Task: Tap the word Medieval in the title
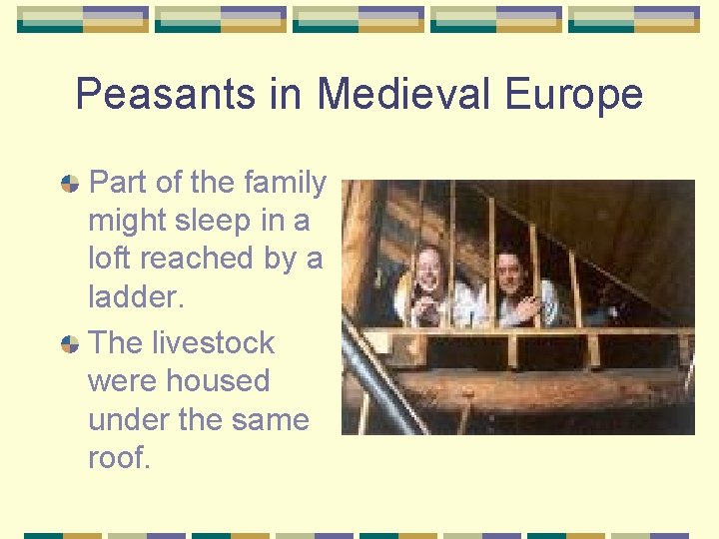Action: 406,95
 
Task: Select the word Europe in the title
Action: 574,95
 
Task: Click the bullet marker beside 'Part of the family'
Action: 70,184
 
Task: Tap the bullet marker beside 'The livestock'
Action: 70,343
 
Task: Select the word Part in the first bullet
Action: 119,183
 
